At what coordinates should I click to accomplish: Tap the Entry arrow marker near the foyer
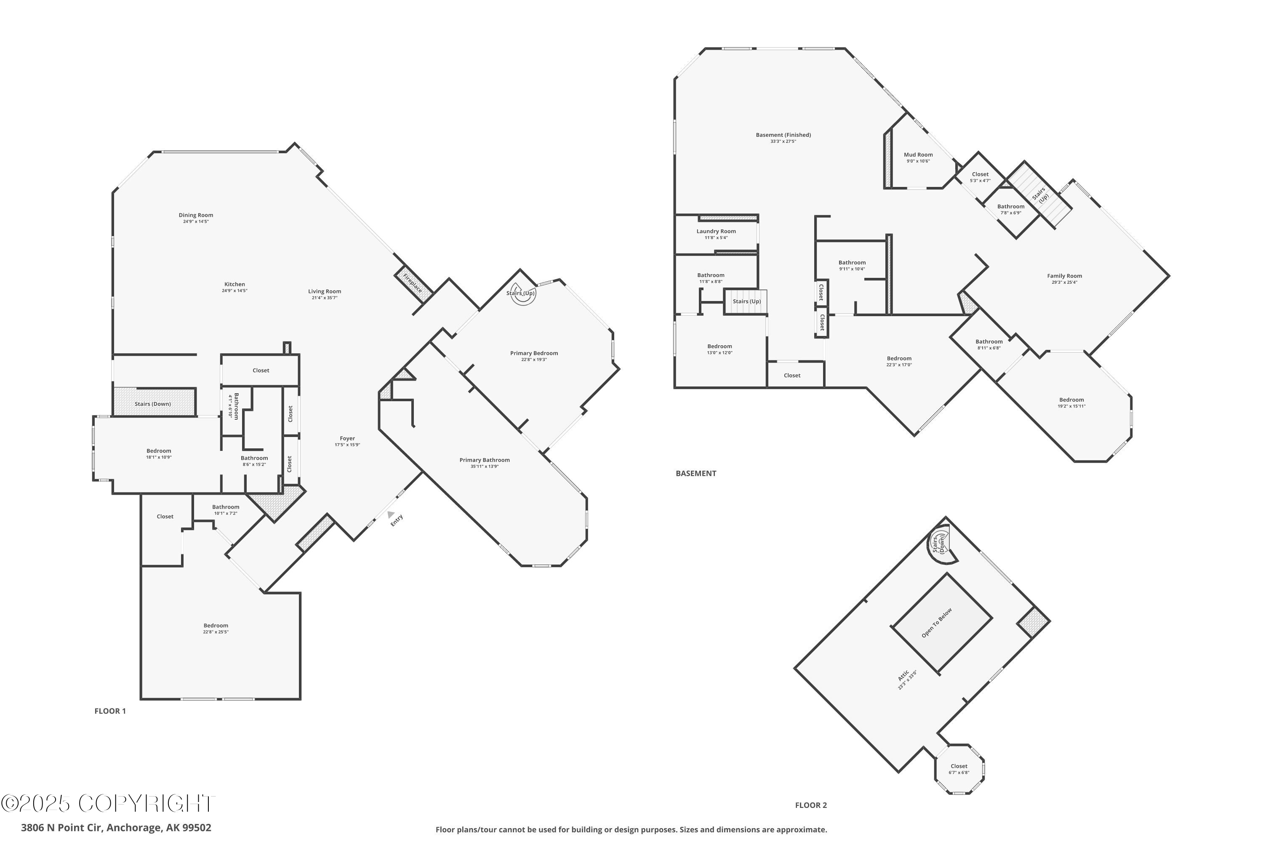390,514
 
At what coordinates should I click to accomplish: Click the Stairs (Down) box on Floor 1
153,403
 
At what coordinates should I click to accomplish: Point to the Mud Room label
918,155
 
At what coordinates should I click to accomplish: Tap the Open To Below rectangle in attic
942,623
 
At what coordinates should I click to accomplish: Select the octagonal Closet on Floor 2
959,769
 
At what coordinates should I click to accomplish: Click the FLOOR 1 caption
110,711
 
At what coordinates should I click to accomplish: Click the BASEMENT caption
695,473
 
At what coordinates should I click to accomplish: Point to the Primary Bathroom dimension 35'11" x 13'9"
485,466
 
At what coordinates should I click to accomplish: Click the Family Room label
1064,276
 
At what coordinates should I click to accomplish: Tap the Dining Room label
196,215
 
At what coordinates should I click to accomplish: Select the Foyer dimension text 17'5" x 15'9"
347,445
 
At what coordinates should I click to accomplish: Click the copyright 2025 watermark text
107,803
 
